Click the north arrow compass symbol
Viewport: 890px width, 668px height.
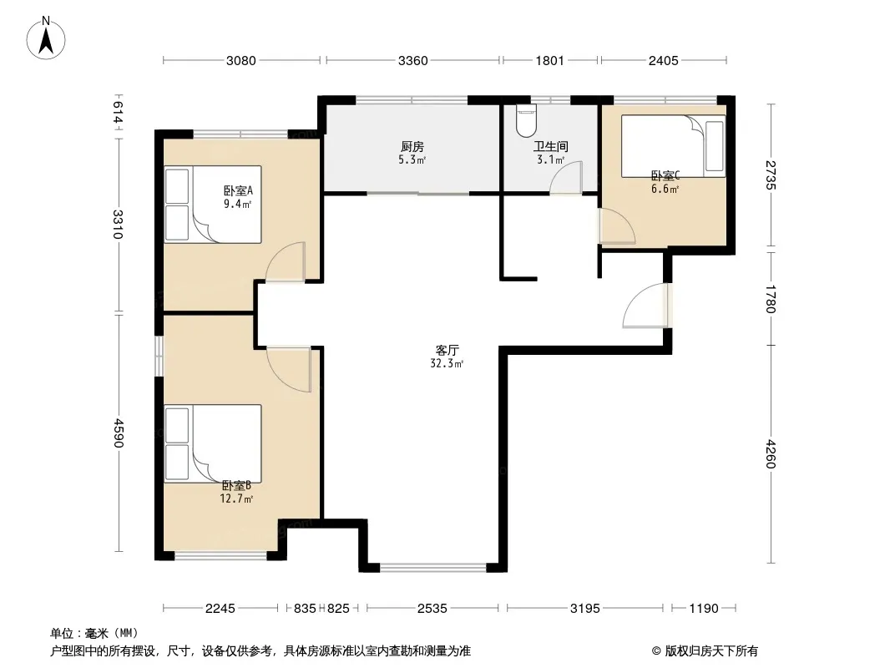click(x=46, y=38)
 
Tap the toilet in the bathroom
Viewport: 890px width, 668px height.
click(x=526, y=120)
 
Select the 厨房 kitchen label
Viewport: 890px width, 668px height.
click(x=412, y=147)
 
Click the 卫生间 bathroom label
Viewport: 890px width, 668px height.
click(x=550, y=147)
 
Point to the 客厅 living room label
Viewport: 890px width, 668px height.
click(x=448, y=350)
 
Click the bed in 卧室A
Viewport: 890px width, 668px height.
click(x=213, y=205)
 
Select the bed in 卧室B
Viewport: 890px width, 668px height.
click(x=213, y=443)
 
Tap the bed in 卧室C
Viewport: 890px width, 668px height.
click(x=673, y=146)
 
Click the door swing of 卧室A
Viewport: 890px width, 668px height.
click(x=286, y=261)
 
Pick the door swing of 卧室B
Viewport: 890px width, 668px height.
click(x=289, y=369)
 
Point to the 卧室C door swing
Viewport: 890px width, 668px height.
click(x=618, y=226)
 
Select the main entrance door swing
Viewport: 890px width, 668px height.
click(x=646, y=306)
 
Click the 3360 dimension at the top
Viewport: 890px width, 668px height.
click(x=412, y=61)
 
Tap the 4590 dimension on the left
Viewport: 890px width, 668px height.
click(x=118, y=433)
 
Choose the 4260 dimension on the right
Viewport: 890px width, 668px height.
click(x=770, y=454)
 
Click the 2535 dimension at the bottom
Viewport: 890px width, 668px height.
click(x=432, y=609)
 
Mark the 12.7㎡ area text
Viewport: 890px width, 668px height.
click(x=236, y=498)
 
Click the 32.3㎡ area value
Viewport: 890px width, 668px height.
click(x=447, y=364)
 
